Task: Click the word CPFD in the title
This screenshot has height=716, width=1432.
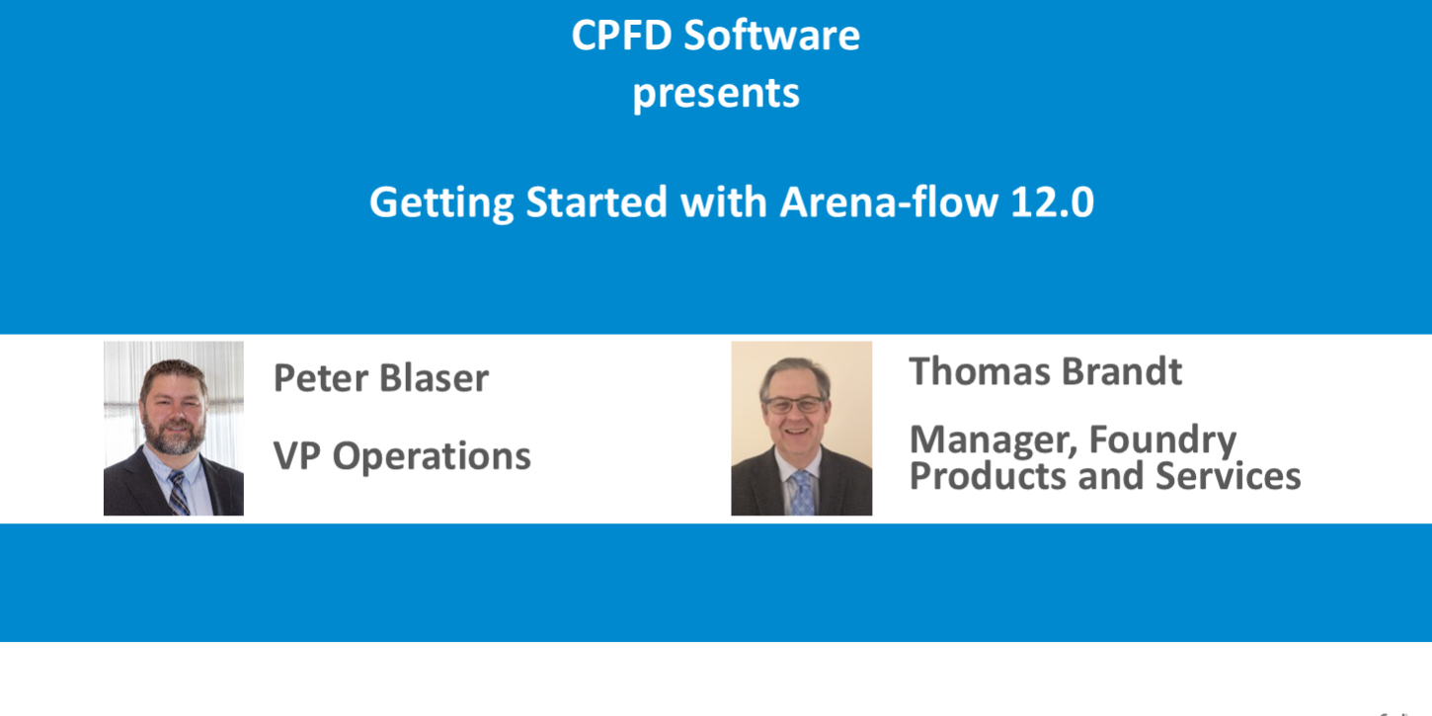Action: tap(621, 36)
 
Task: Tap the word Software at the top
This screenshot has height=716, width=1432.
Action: tap(771, 36)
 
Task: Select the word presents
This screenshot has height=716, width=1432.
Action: tap(716, 95)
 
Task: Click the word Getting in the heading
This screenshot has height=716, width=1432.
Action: tap(441, 203)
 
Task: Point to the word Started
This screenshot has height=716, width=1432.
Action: tap(597, 202)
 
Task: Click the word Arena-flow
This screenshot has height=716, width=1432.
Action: tap(889, 202)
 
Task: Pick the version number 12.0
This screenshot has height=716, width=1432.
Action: tap(1052, 202)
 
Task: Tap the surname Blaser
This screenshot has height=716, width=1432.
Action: tap(435, 378)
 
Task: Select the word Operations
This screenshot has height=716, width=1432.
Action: tap(432, 457)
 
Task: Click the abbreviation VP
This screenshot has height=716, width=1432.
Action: tap(296, 456)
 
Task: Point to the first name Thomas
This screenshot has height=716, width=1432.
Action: tap(982, 371)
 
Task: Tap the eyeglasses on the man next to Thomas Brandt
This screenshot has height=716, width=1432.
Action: tap(795, 405)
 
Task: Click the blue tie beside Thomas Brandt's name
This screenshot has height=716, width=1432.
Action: tap(802, 493)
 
